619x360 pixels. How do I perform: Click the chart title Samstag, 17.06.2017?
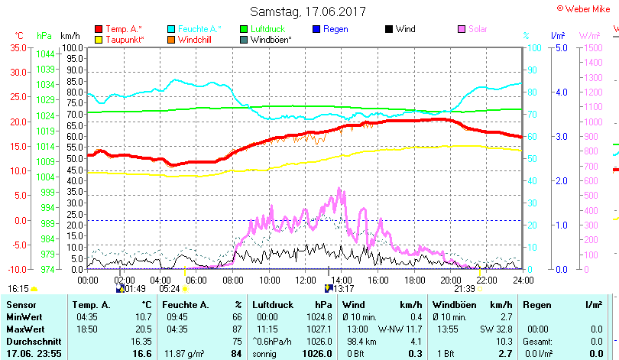click(307, 11)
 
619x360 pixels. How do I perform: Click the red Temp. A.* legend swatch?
click(99, 29)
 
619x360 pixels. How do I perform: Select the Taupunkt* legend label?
click(125, 40)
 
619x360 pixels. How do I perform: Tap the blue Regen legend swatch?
click(317, 29)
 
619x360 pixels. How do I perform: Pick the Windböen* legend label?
click(270, 40)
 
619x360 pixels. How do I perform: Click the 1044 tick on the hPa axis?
click(45, 54)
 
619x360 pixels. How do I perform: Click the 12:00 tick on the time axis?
click(305, 280)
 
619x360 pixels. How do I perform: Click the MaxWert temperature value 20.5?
click(142, 329)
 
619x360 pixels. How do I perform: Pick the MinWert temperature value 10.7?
click(142, 316)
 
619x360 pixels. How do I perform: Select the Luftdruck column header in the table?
click(273, 305)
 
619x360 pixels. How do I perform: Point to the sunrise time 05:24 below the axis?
click(169, 289)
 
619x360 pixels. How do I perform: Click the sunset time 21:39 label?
click(465, 289)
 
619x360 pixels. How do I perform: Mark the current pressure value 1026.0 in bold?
click(316, 354)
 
